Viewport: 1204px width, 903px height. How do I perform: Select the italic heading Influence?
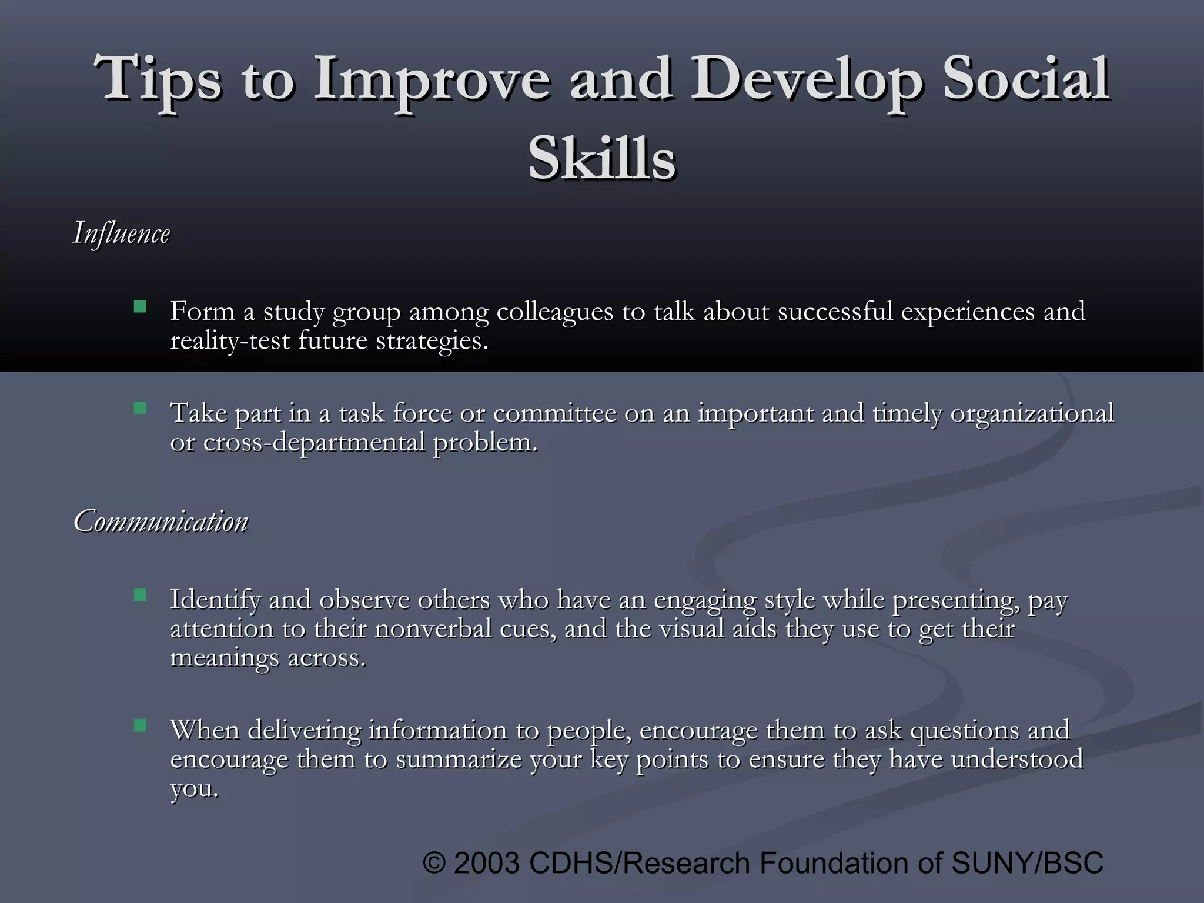click(x=122, y=233)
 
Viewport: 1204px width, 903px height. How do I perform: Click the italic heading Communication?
click(x=160, y=521)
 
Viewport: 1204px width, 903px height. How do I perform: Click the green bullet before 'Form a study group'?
click(x=140, y=307)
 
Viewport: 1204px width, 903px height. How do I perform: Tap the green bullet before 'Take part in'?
click(x=140, y=408)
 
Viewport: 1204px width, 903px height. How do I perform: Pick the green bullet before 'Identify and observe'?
click(x=140, y=595)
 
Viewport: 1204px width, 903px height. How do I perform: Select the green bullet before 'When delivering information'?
click(x=140, y=725)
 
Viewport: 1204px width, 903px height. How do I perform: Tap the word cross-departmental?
click(x=314, y=442)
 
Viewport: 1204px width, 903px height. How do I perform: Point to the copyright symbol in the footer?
click(x=434, y=863)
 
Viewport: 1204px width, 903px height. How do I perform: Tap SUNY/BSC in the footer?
click(x=1027, y=863)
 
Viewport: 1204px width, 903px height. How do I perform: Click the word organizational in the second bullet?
click(x=1032, y=413)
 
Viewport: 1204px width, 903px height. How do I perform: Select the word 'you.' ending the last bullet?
click(x=194, y=788)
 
